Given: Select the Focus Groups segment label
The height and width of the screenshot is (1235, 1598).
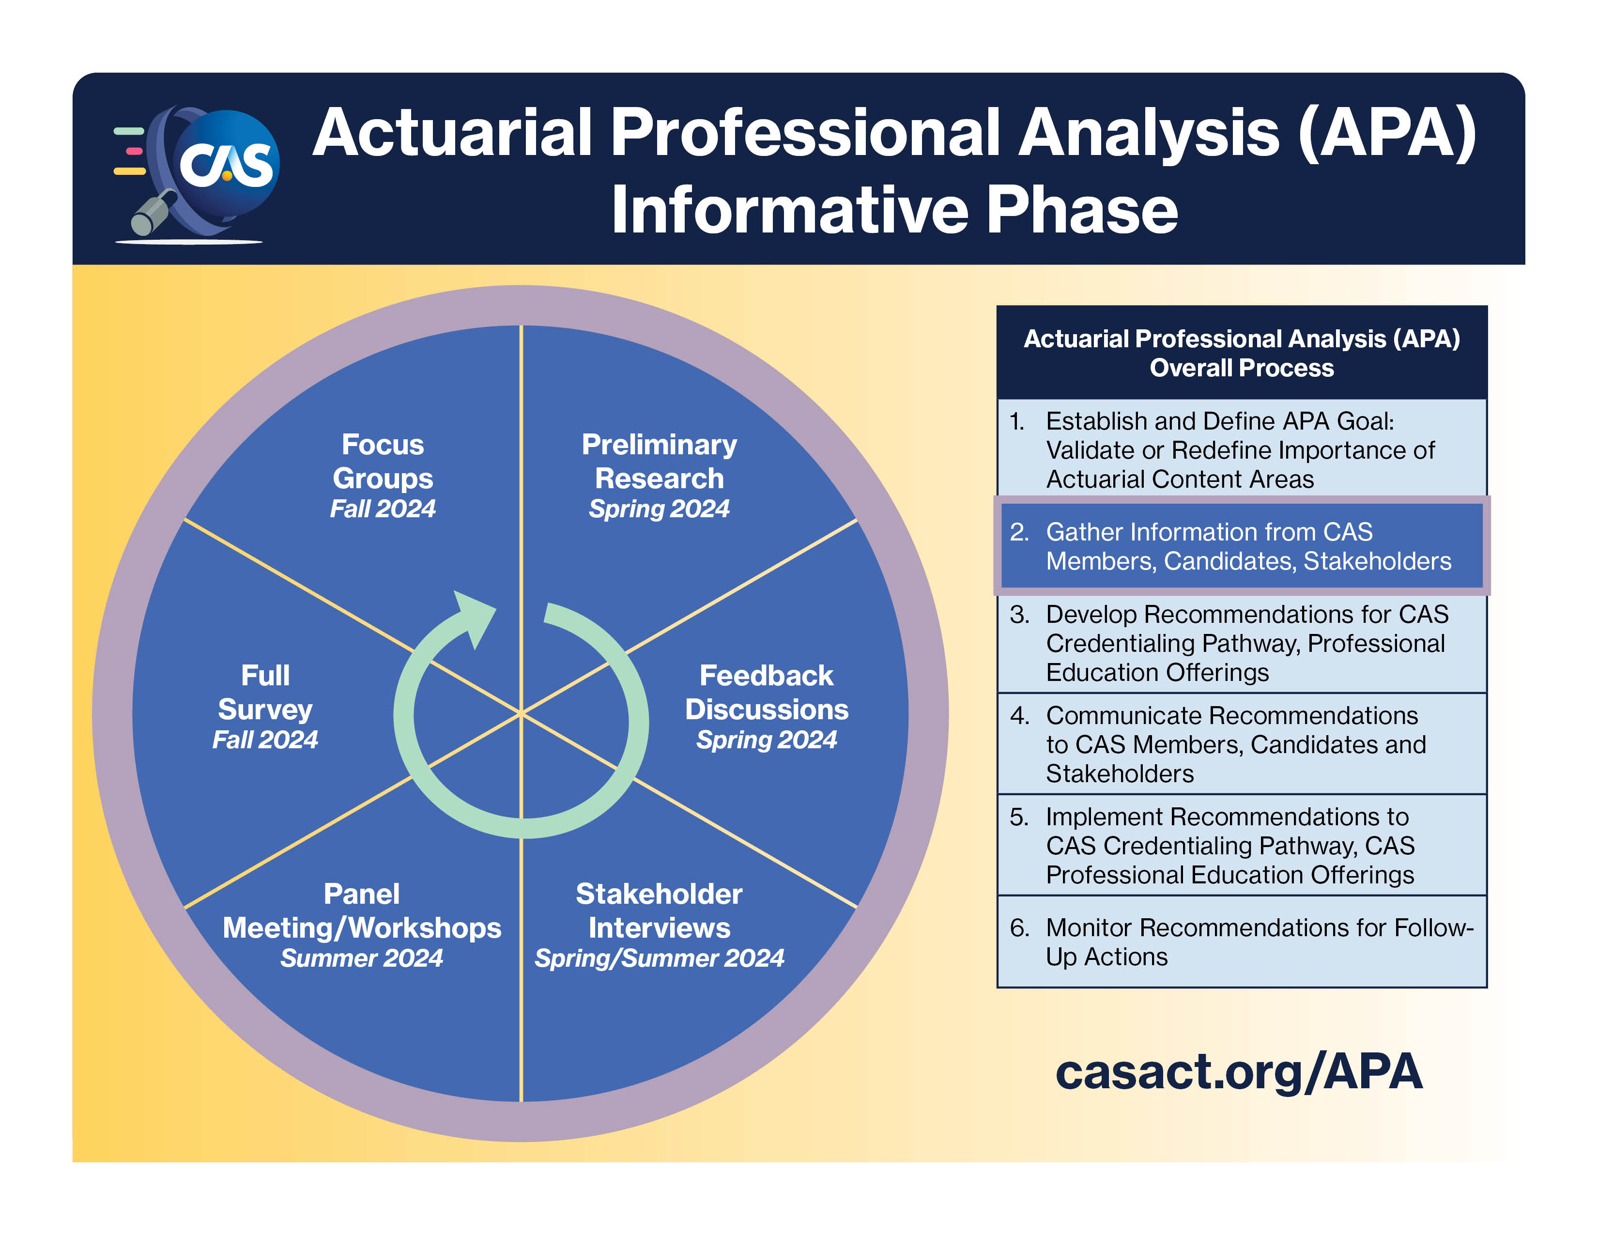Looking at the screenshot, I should point(383,462).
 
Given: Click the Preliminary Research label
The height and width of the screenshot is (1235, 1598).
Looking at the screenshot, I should point(659,462).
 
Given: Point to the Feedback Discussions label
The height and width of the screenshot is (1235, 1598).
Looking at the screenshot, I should point(766,692).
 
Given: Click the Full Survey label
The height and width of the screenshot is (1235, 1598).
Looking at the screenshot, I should point(265,692).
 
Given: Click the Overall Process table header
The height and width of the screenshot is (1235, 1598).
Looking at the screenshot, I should point(1241,353).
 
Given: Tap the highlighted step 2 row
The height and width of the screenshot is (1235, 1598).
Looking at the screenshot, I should point(1241,546).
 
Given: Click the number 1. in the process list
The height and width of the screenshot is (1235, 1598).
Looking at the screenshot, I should point(1017,421).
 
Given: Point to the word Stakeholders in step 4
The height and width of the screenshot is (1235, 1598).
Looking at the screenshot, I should point(1120,773).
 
